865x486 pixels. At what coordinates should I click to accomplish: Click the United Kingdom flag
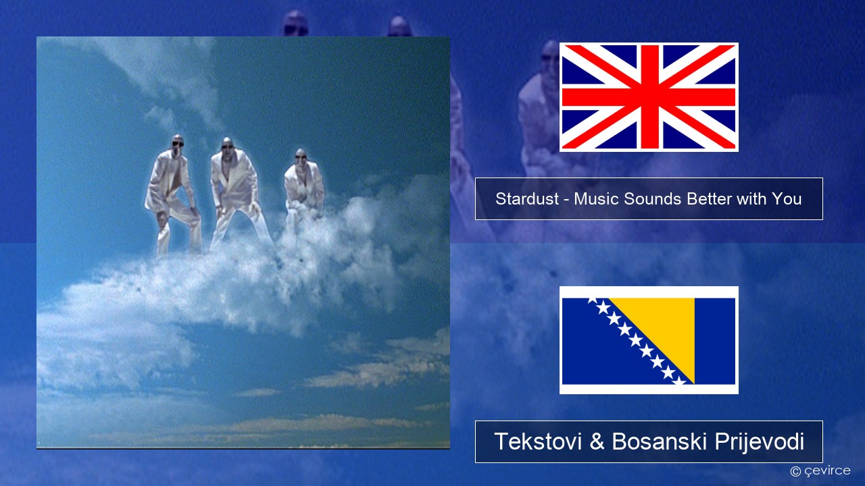coord(649,97)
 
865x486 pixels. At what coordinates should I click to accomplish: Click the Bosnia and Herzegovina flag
coord(649,340)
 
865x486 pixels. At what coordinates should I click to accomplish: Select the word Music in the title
coord(596,199)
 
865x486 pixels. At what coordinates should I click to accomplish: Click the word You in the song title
coord(787,199)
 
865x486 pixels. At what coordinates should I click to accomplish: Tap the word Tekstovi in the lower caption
coord(538,441)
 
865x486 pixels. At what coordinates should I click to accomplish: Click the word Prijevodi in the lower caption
coord(759,442)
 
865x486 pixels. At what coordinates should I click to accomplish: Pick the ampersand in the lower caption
coord(597,441)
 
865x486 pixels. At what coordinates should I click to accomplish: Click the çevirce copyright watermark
coord(820,470)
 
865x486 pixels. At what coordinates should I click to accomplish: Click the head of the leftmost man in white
coord(178,142)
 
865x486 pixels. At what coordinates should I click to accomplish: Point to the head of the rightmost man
coord(301,156)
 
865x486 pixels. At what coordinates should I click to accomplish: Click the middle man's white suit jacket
coord(234,178)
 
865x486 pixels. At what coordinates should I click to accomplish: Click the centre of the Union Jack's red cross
coord(649,97)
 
